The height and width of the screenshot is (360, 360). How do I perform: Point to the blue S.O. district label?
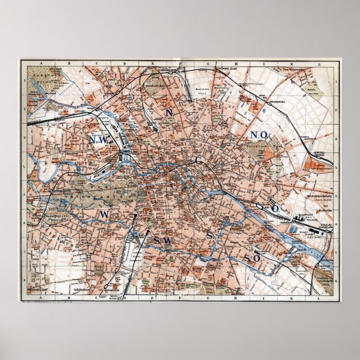250,258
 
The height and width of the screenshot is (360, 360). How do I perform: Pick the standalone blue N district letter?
167,112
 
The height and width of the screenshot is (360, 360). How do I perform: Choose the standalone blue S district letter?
210,236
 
